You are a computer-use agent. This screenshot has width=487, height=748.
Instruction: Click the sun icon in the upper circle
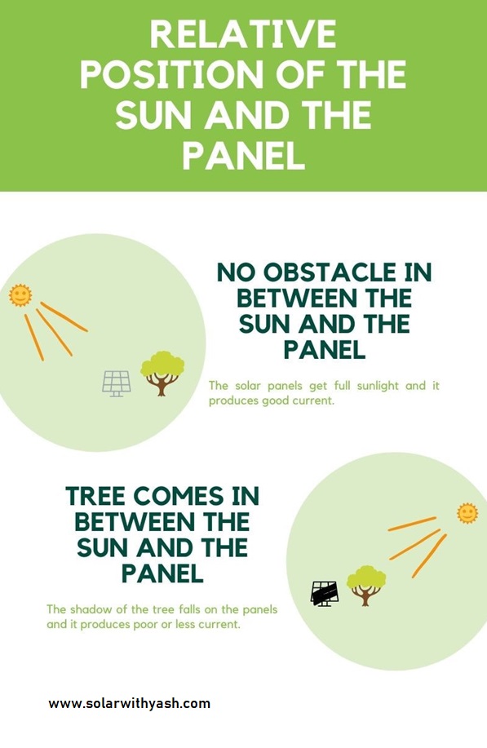point(20,295)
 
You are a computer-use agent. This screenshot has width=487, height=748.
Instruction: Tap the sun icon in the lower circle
point(467,513)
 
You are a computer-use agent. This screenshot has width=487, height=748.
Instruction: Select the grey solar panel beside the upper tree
point(117,383)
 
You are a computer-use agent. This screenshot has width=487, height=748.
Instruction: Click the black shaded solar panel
point(325,593)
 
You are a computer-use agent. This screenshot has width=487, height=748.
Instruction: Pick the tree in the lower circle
point(366,584)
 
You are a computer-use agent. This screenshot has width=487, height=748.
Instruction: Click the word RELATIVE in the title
point(242,35)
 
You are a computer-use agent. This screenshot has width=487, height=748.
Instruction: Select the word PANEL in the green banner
point(243,156)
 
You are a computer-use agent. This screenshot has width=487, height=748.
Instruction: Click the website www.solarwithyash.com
point(129,703)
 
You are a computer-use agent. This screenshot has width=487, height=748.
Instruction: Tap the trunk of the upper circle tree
point(162,387)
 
